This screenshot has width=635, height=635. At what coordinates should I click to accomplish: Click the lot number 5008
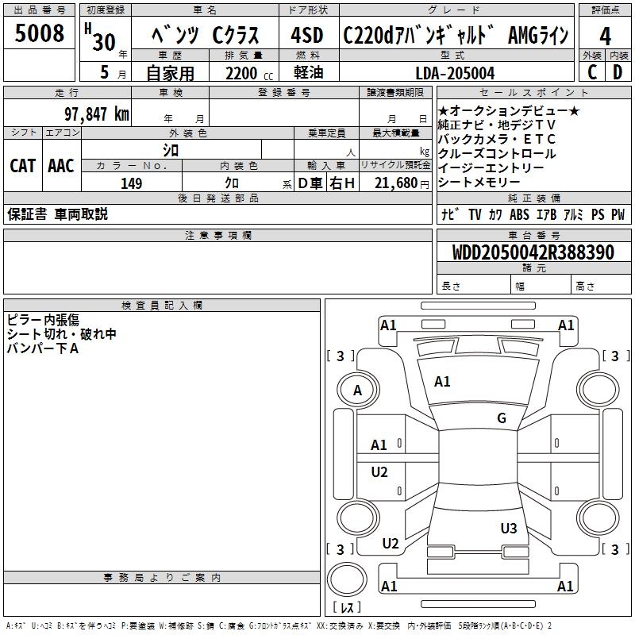(x=40, y=33)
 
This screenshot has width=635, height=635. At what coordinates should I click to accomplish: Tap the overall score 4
(x=605, y=36)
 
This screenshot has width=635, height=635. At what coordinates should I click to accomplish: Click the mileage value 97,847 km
(x=96, y=114)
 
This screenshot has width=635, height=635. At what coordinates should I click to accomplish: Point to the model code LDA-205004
(x=455, y=73)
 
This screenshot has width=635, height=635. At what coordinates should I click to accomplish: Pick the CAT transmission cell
(x=22, y=165)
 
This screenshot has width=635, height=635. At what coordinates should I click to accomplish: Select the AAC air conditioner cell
(x=61, y=165)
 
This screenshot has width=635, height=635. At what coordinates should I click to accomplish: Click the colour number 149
(x=131, y=183)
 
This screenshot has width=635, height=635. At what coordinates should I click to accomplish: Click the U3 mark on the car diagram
(x=509, y=528)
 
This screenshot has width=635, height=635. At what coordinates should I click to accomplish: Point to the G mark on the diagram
(x=502, y=418)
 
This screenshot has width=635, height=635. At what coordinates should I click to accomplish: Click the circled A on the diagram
(x=357, y=390)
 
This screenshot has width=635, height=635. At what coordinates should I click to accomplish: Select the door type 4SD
(x=306, y=36)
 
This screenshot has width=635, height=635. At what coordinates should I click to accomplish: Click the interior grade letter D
(x=618, y=72)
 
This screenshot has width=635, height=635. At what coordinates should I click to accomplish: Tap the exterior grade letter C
(x=591, y=72)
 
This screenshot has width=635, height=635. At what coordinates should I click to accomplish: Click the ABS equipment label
(x=519, y=214)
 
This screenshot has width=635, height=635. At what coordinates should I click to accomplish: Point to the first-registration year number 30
(x=103, y=41)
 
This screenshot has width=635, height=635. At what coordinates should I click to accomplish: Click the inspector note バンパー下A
(x=43, y=348)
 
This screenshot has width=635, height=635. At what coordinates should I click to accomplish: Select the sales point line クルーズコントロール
(x=497, y=153)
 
